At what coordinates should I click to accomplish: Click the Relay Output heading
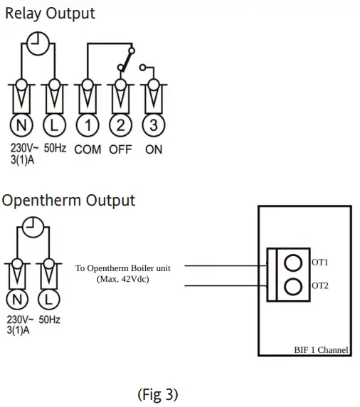[x=50, y=13]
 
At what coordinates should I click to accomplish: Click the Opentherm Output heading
[x=68, y=200]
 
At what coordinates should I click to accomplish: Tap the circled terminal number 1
[x=87, y=126]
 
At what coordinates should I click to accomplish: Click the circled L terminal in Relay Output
[x=53, y=126]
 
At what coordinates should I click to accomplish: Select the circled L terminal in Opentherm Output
[x=48, y=298]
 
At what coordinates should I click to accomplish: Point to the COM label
[x=87, y=150]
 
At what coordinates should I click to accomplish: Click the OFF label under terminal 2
[x=120, y=150]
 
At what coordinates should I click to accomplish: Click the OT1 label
[x=320, y=263]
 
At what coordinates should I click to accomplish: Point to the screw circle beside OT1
[x=292, y=263]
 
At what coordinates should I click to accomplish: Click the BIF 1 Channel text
[x=321, y=350]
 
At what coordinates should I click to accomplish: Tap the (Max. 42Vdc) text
[x=128, y=278]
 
